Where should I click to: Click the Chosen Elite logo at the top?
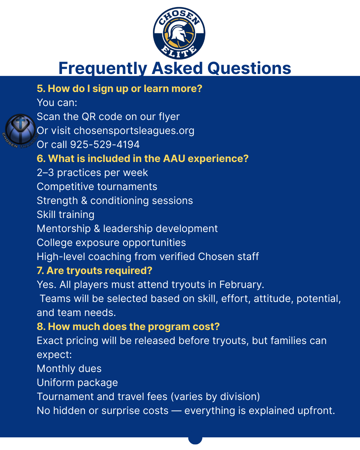(179, 33)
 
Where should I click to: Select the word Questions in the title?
(249, 68)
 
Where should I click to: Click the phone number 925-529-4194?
(105, 144)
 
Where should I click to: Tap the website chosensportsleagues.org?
(134, 131)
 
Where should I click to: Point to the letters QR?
(88, 117)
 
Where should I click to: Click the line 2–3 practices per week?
(92, 173)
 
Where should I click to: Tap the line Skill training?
(65, 215)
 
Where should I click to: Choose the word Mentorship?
(64, 229)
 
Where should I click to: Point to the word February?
(242, 285)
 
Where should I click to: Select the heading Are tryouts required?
(99, 271)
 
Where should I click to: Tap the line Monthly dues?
(69, 368)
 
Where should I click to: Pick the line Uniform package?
(77, 383)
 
